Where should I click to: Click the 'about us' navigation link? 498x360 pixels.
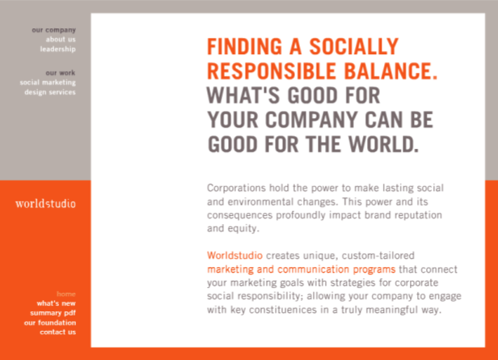click(x=61, y=40)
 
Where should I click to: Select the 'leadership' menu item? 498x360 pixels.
click(x=58, y=49)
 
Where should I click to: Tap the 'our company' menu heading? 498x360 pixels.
click(x=53, y=30)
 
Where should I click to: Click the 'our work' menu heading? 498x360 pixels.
click(x=61, y=73)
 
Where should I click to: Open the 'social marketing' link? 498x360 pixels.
click(x=48, y=83)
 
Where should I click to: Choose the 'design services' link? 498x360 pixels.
click(x=50, y=92)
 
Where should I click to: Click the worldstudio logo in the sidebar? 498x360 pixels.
click(x=45, y=203)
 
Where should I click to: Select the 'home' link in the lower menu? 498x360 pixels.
click(x=66, y=294)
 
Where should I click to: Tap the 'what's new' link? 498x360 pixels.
click(x=57, y=303)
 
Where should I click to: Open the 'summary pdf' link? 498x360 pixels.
click(x=53, y=313)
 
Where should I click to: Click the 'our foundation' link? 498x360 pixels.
click(x=50, y=323)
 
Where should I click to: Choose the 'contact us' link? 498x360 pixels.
click(x=58, y=332)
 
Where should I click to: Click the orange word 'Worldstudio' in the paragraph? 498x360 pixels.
click(x=234, y=256)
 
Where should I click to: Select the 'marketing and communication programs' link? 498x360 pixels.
click(x=301, y=269)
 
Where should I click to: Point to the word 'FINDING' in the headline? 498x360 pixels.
click(x=244, y=47)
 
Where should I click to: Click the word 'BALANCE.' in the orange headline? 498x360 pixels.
click(x=390, y=71)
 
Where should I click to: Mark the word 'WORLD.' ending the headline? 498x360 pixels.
click(x=384, y=144)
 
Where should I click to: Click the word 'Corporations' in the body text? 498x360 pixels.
click(x=236, y=188)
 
